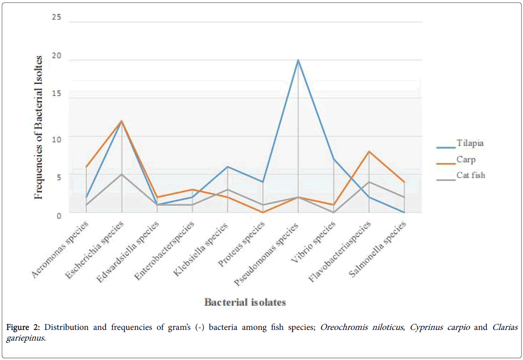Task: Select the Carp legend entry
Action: [466, 159]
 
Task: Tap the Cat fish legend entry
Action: [471, 175]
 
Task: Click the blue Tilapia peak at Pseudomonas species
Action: [298, 60]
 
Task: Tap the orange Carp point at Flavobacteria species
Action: [369, 152]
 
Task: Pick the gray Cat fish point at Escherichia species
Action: [121, 174]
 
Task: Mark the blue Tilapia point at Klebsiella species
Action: [227, 167]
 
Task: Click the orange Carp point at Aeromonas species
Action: [86, 167]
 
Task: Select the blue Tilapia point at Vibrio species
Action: [334, 159]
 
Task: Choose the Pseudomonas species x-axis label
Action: [271, 250]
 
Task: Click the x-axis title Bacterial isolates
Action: [245, 302]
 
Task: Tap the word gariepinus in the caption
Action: [26, 338]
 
